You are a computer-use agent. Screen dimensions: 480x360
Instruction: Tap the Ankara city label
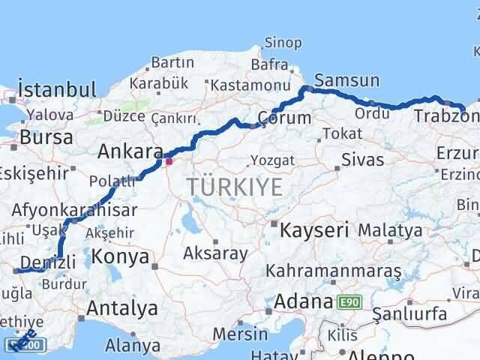pos(130,152)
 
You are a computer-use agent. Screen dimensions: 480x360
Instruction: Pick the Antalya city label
pos(121,307)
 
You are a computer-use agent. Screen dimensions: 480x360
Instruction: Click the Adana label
pos(302,302)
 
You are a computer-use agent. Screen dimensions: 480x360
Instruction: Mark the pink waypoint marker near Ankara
pos(169,160)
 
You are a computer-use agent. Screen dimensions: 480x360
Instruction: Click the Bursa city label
pos(46,137)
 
